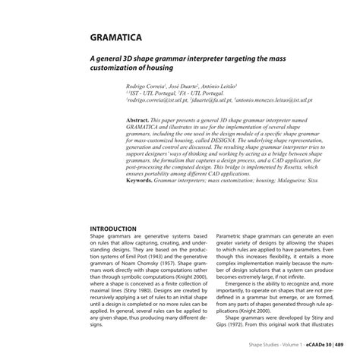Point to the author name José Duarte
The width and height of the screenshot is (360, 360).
click(185, 87)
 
